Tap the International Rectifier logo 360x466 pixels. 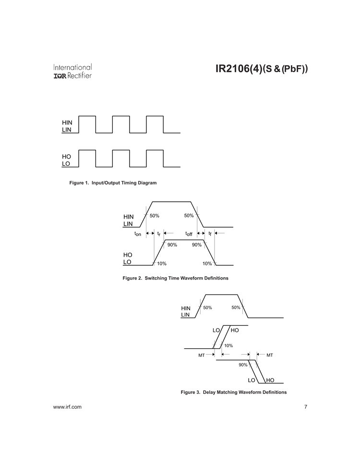[x=72, y=71]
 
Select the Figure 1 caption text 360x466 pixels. [x=113, y=183]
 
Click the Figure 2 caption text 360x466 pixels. [x=176, y=278]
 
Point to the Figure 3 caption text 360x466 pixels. [x=234, y=392]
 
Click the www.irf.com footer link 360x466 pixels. [x=67, y=407]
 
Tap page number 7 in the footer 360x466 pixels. [x=306, y=407]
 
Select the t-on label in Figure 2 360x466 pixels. [x=138, y=234]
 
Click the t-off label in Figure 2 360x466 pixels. [x=189, y=234]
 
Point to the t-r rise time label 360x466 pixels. [x=159, y=233]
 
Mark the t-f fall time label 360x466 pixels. [x=210, y=233]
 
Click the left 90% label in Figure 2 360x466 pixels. [x=172, y=245]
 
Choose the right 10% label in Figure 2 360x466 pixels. [x=207, y=264]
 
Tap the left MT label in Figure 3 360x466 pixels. [x=202, y=355]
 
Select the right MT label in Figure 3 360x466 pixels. [x=270, y=355]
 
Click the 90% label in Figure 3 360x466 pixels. [x=243, y=365]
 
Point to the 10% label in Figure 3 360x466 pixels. [x=228, y=345]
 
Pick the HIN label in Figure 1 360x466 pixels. [x=67, y=123]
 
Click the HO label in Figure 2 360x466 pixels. [x=128, y=255]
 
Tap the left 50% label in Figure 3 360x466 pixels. [x=208, y=307]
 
